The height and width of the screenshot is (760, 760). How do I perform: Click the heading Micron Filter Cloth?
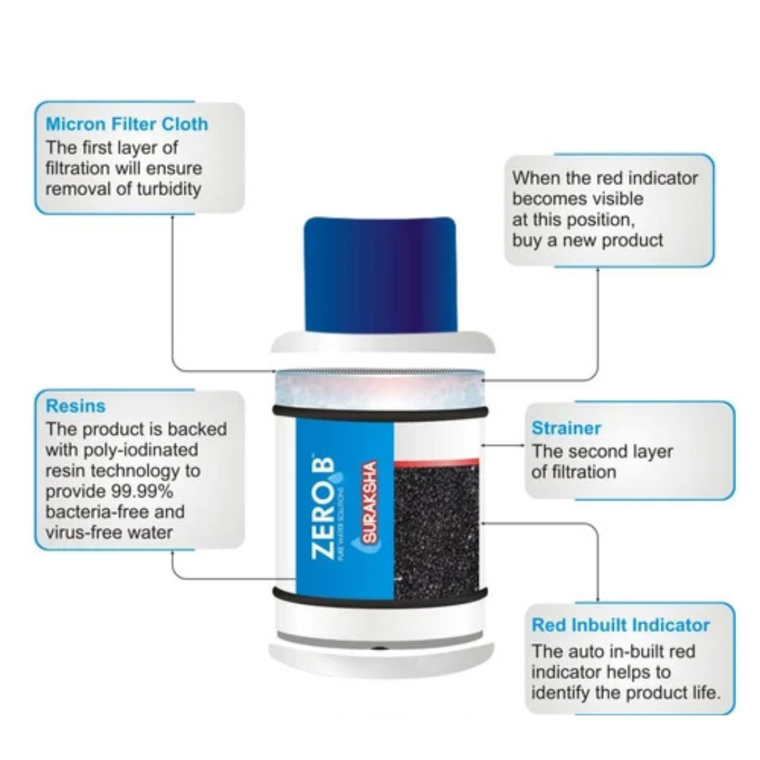coord(127,124)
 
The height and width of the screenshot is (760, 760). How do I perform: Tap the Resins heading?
coord(75,406)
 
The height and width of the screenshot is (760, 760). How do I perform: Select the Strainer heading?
coord(566,428)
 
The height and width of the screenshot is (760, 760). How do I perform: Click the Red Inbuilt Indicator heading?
coord(621,625)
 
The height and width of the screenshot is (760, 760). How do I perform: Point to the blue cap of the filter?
coord(381,274)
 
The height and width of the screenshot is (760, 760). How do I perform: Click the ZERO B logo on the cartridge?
coord(324,508)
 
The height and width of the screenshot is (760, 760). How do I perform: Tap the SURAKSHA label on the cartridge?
coord(369,502)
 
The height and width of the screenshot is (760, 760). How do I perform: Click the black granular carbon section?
coord(437,533)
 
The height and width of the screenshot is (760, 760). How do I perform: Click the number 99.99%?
coord(142,491)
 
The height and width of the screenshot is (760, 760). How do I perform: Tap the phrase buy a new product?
coord(588,241)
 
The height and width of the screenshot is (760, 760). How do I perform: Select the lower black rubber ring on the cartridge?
coord(381,598)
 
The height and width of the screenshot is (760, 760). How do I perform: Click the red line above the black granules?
coord(437,462)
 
